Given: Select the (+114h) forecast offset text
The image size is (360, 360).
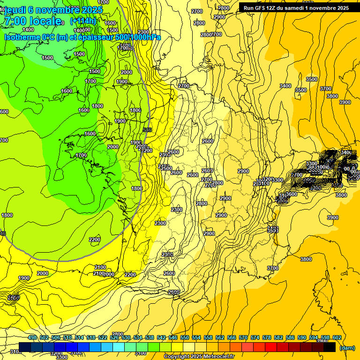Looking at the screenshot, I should pyautogui.click(x=83, y=21).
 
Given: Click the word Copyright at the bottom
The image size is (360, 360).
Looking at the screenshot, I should pyautogui.click(x=176, y=357).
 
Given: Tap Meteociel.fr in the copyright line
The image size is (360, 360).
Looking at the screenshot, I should pyautogui.click(x=218, y=357).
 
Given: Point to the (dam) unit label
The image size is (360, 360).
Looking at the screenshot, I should pyautogui.click(x=347, y=348).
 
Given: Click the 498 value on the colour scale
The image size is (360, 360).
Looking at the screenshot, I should pyautogui.click(x=32, y=337).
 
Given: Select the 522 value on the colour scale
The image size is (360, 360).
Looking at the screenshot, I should pyautogui.click(x=103, y=337).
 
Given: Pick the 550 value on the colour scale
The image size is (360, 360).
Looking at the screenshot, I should pyautogui.click(x=185, y=337).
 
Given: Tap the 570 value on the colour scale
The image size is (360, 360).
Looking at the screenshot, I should pyautogui.click(x=243, y=337).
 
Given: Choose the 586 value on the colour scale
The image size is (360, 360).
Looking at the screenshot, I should pyautogui.click(x=290, y=337).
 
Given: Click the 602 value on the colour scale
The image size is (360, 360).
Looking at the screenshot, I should pyautogui.click(x=337, y=337).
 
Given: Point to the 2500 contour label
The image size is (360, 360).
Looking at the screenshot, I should pyautogui.click(x=166, y=168).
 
